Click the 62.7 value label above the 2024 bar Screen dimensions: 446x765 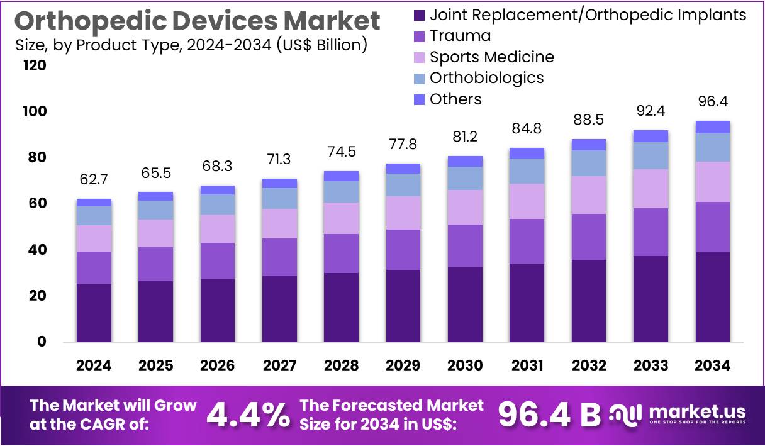[x=94, y=180]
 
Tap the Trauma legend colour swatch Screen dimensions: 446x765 [x=420, y=36]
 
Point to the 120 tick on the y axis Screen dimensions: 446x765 [x=35, y=65]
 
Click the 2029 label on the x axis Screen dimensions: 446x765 [x=403, y=365]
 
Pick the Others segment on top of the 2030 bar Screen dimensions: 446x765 [x=465, y=161]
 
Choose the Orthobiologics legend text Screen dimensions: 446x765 [x=486, y=78]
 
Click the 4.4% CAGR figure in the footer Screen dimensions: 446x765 [x=248, y=415]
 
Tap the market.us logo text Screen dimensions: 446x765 [x=696, y=411]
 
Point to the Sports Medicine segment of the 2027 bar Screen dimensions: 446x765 [x=279, y=223]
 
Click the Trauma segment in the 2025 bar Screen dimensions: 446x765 [x=155, y=264]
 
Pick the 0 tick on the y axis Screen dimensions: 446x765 [x=42, y=342]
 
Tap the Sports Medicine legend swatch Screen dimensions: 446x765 [x=420, y=57]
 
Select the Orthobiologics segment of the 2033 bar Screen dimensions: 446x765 [x=651, y=155]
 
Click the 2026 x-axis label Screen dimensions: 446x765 [x=218, y=365]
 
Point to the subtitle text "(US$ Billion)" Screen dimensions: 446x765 [x=322, y=45]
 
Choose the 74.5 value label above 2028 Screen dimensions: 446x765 [x=342, y=152]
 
